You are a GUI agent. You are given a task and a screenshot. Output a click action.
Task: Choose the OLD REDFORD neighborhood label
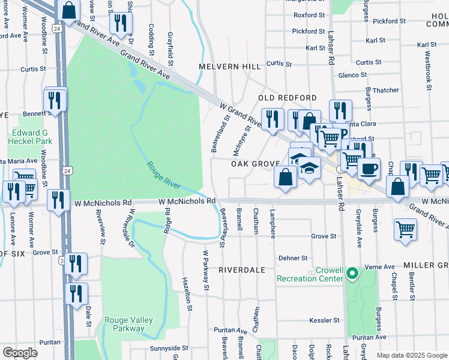tap(287, 98)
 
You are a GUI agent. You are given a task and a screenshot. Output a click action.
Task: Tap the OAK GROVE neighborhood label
tap(255, 163)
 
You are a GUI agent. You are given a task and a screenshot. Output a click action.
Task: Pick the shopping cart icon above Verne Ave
tap(406, 229)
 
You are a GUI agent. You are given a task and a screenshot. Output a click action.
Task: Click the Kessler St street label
tap(325, 320)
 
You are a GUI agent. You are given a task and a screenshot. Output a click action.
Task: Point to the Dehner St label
tap(293, 258)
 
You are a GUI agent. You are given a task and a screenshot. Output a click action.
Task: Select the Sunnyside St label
tap(169, 347)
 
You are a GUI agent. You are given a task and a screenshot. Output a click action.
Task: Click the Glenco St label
tap(348, 75)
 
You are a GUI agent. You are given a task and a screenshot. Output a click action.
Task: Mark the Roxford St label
tap(309, 15)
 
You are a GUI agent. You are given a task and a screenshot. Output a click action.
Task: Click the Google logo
tap(20, 352)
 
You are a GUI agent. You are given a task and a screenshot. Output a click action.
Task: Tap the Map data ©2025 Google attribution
tap(411, 355)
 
